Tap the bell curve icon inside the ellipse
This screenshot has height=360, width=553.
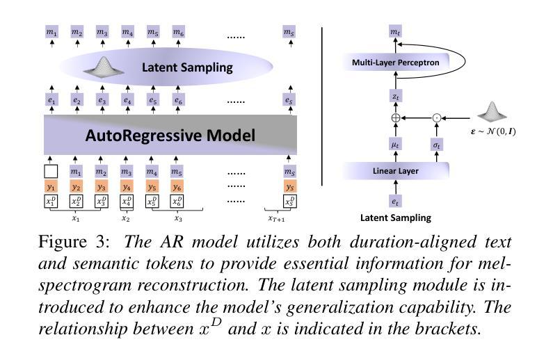click(x=104, y=66)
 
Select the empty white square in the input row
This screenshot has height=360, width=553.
click(x=51, y=172)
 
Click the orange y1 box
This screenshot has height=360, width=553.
click(x=51, y=187)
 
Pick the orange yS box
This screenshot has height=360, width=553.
click(x=289, y=187)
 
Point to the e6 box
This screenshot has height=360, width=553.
click(x=178, y=100)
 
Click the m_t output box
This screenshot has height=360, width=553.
click(x=395, y=32)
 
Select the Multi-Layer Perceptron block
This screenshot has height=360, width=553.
click(x=395, y=63)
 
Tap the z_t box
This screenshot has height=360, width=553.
click(x=395, y=96)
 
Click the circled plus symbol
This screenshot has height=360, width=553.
click(x=396, y=118)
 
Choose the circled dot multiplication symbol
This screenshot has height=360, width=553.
click(x=437, y=118)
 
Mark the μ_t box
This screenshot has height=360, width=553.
click(x=395, y=145)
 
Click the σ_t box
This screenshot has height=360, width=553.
click(x=437, y=145)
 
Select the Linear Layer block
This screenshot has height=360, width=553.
click(x=395, y=171)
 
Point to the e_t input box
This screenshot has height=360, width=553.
click(x=395, y=201)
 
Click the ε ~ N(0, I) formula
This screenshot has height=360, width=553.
click(x=493, y=132)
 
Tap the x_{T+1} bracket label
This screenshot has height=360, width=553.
click(x=277, y=219)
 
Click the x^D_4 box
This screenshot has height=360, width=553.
click(x=127, y=202)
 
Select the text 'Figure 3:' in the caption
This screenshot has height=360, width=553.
click(x=74, y=242)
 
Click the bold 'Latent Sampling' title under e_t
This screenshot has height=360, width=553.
click(x=395, y=218)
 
